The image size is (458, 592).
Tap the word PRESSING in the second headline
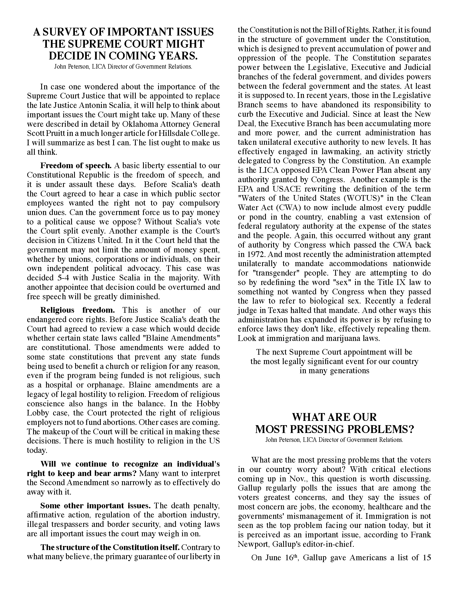(x=315, y=429)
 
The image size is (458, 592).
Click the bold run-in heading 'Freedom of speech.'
(x=76, y=165)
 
